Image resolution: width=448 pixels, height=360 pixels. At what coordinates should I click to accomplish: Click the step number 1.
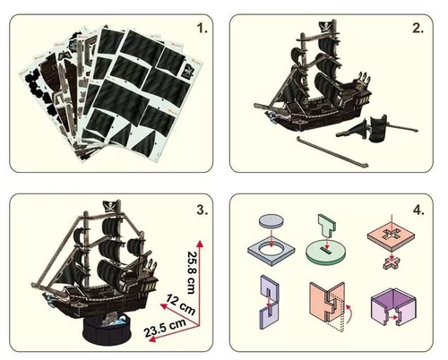(x=202, y=27)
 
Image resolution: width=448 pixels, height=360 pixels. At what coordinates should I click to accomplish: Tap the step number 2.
(x=418, y=27)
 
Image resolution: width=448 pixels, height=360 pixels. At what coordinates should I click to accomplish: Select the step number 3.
(x=202, y=211)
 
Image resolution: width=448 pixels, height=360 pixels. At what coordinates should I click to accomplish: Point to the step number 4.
(x=418, y=212)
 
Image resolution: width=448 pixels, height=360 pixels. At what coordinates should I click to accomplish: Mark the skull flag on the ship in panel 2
(x=327, y=28)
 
